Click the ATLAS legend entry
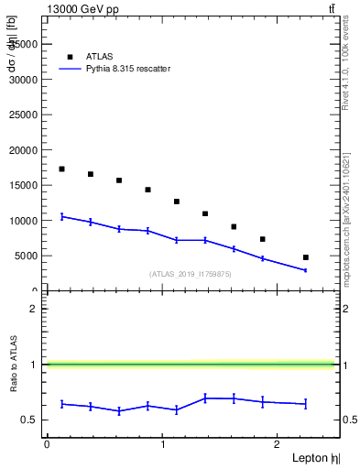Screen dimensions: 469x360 click(100, 56)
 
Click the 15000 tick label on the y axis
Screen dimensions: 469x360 click(23, 185)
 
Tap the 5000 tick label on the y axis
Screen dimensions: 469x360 click(26, 256)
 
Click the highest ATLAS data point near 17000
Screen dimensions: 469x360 click(61, 169)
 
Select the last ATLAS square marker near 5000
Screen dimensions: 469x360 click(306, 257)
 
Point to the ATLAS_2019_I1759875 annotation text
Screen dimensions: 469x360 click(191, 274)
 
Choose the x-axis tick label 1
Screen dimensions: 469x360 click(162, 443)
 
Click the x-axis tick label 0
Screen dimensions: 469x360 click(47, 443)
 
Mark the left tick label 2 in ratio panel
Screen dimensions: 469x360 click(34, 309)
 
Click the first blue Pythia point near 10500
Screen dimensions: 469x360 click(61, 216)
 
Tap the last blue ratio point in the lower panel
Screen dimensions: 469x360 click(306, 404)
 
